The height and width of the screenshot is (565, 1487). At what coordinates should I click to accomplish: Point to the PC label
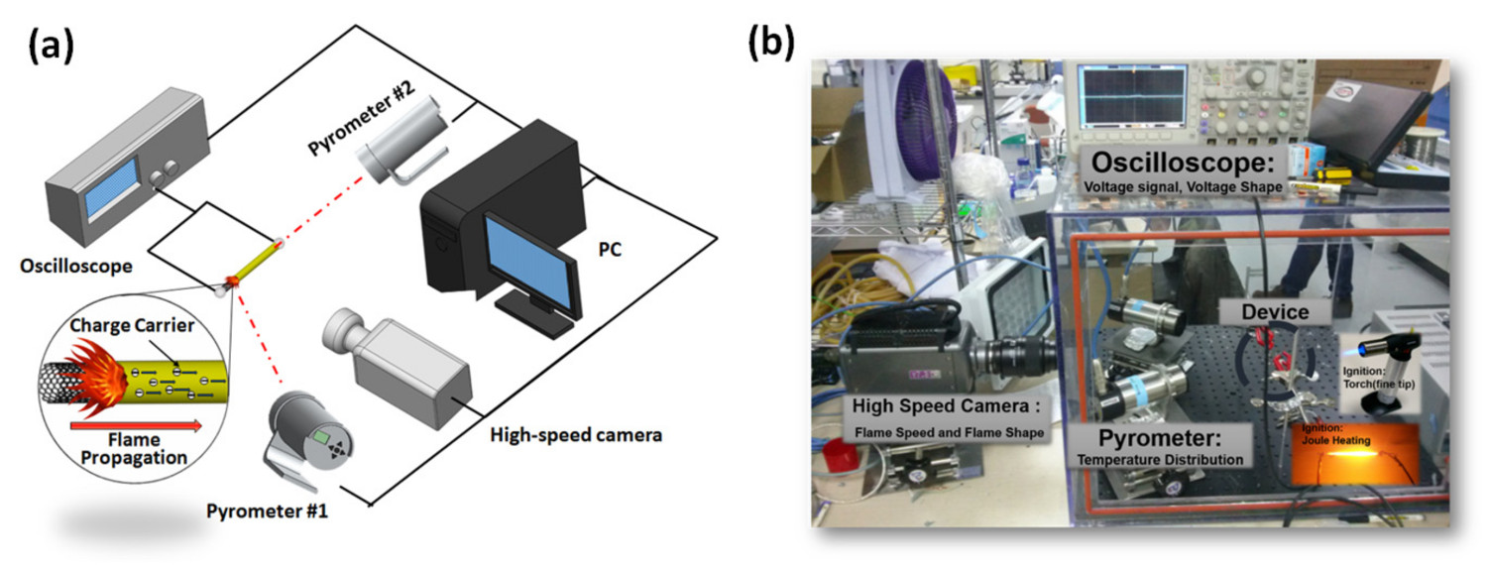pyautogui.click(x=609, y=250)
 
